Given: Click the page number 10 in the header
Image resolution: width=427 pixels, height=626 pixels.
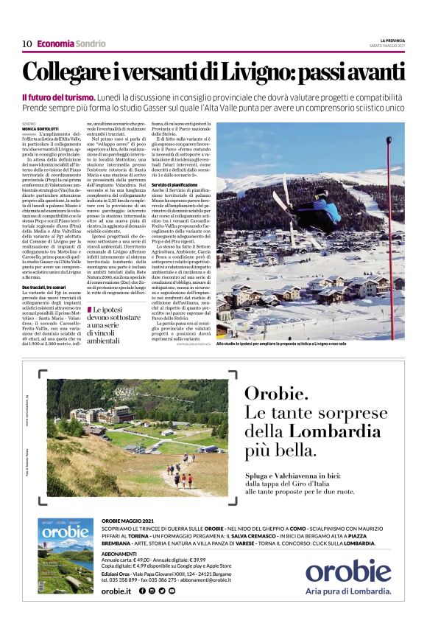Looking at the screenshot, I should coord(27,43).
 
